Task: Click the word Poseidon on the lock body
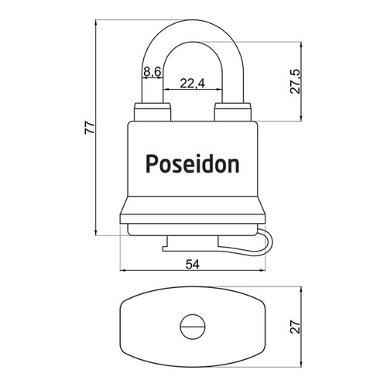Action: click(x=193, y=163)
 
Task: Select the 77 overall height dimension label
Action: click(x=90, y=128)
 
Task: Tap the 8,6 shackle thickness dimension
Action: click(x=152, y=71)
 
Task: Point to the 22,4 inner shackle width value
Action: click(x=192, y=84)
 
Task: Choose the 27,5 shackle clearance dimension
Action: click(x=296, y=81)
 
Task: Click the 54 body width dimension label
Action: click(x=193, y=265)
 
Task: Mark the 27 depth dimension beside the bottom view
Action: click(x=296, y=327)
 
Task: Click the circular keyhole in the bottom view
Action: click(x=193, y=327)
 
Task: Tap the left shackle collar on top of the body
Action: click(x=152, y=112)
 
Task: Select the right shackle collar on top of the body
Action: click(x=232, y=112)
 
